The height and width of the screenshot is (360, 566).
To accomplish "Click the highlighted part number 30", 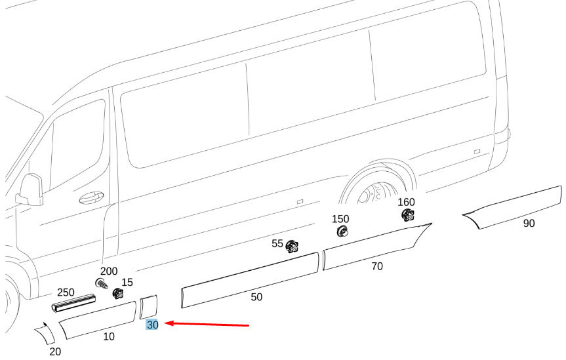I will point(152,325).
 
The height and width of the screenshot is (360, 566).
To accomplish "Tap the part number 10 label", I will point(109,337).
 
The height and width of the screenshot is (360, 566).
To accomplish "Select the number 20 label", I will point(55,351).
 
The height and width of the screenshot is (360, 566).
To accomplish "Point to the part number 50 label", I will point(256,297).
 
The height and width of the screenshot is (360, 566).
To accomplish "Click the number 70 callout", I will point(376,266).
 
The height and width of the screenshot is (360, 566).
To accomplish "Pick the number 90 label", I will point(529,224).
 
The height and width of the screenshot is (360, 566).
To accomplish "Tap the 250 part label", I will point(66,292).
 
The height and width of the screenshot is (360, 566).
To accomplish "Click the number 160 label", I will point(406,201).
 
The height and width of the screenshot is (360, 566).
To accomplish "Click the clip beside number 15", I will point(119,294).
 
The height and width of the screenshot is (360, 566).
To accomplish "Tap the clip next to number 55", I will point(292,247).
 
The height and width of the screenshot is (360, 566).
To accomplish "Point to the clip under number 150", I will point(342,231).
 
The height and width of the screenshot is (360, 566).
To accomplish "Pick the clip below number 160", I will point(407,214).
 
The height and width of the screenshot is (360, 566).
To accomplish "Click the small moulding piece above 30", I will point(150,307).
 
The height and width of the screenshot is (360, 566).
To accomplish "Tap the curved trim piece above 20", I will point(46,334).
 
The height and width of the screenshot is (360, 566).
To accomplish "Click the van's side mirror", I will point(30,190).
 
